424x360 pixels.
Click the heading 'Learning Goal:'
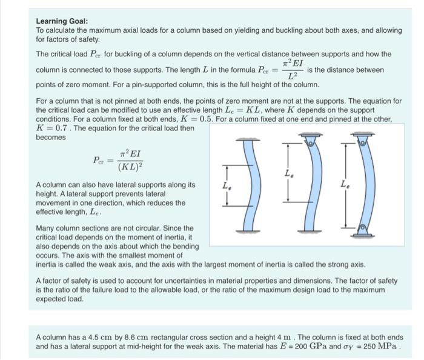(x=62, y=21)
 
